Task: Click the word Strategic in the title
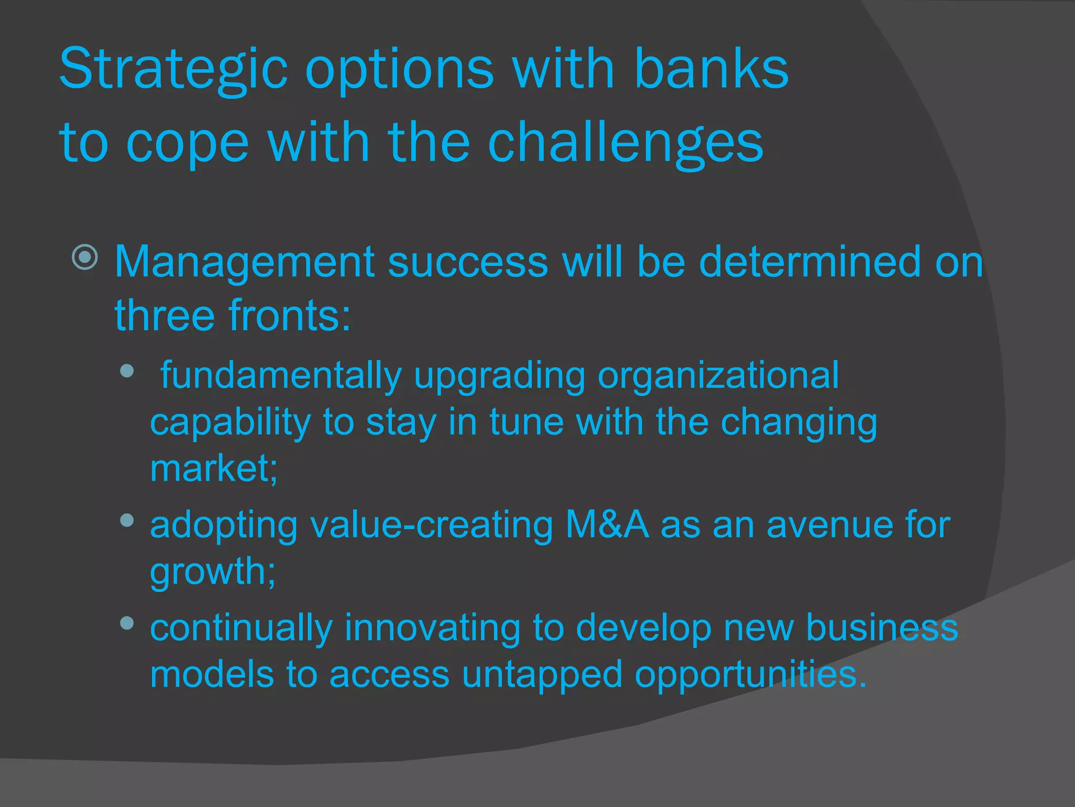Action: coord(173,70)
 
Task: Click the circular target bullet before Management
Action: coord(85,257)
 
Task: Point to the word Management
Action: coord(244,262)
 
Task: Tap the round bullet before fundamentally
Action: coord(127,371)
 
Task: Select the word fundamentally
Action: coord(281,376)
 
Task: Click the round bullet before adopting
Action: coord(127,520)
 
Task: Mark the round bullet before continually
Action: coord(127,623)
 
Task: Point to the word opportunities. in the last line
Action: coord(751,675)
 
